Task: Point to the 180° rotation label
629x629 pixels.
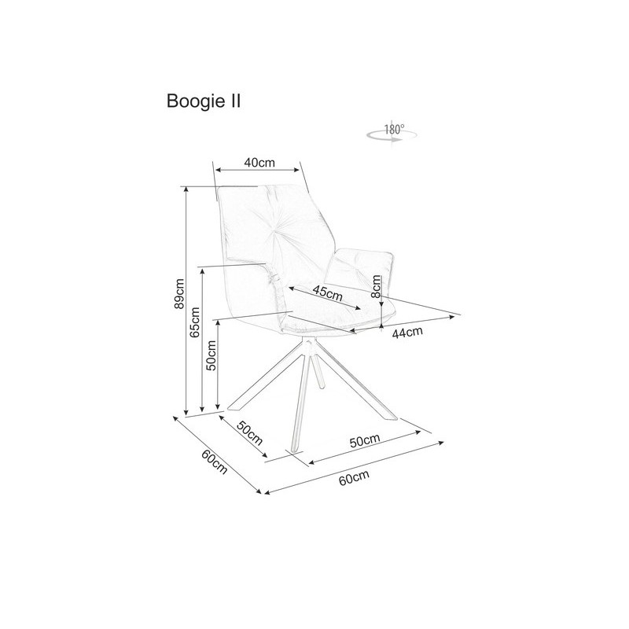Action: point(395,130)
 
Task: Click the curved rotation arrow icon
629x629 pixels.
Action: point(391,137)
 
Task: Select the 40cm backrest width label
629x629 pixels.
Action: point(259,163)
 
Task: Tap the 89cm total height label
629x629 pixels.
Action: point(179,293)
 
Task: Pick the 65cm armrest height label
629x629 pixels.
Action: point(195,322)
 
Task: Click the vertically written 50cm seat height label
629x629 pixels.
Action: point(211,355)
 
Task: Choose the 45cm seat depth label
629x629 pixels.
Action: point(328,292)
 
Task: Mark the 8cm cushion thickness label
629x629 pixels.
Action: point(376,286)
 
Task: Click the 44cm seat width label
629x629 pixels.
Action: point(407,332)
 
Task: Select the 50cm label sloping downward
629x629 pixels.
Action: point(249,433)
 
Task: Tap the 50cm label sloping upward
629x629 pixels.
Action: point(365,440)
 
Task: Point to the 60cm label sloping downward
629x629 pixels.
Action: point(215,462)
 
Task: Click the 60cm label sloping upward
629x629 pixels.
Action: point(354,477)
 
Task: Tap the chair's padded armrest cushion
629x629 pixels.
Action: point(359,266)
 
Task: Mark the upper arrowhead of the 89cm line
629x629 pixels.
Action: point(186,190)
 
